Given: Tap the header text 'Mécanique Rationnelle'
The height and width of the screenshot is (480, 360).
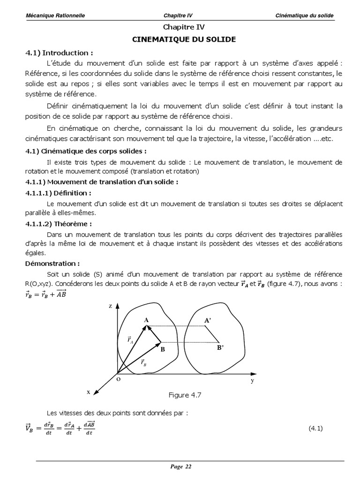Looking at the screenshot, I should pos(55,15).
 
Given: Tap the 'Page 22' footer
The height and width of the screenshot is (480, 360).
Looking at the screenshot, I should pos(181,466).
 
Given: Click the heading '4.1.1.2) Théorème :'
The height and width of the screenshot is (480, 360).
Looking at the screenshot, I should pos(58,224).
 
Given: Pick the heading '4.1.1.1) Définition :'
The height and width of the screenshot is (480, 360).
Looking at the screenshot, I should pos(58,193).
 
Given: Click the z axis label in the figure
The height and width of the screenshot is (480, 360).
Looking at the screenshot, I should pos(110,305).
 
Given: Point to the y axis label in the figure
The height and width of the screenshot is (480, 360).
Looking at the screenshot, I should pos(252,381).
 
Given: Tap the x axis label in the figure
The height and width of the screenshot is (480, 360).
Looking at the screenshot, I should pos(88,392).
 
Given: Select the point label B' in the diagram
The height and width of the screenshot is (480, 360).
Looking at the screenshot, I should pos(220,348).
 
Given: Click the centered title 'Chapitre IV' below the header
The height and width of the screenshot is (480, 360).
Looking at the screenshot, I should pos(184,28).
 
